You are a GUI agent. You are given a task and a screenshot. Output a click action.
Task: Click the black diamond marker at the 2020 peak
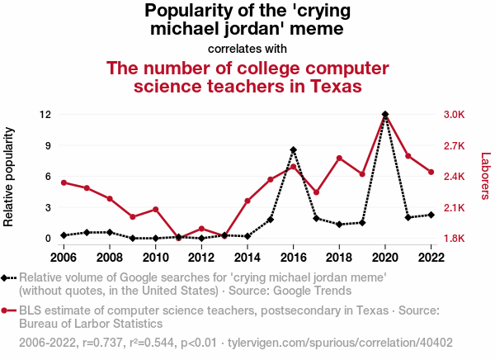pyautogui.click(x=385, y=114)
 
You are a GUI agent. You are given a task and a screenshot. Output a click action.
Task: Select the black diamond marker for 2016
pyautogui.click(x=293, y=149)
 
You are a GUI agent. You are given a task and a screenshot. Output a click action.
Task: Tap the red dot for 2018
pyautogui.click(x=339, y=158)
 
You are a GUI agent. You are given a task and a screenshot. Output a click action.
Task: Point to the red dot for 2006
pyautogui.click(x=64, y=182)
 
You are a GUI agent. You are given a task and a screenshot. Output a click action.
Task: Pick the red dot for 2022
pyautogui.click(x=431, y=172)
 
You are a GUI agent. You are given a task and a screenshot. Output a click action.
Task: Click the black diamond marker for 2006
pyautogui.click(x=64, y=235)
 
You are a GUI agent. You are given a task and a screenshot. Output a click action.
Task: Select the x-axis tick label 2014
pyautogui.click(x=247, y=257)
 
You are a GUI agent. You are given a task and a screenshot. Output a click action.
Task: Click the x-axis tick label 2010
pyautogui.click(x=155, y=257)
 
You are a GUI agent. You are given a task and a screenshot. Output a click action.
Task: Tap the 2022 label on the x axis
pyautogui.click(x=431, y=257)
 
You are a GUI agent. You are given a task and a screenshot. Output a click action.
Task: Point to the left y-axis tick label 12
pyautogui.click(x=46, y=114)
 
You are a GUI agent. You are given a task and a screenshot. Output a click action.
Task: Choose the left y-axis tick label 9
pyautogui.click(x=49, y=145)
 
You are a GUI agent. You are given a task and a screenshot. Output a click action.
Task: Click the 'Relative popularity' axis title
pyautogui.click(x=10, y=177)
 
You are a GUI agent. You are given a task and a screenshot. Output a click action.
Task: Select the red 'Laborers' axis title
pyautogui.click(x=485, y=176)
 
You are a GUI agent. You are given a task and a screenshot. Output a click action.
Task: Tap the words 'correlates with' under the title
pyautogui.click(x=247, y=48)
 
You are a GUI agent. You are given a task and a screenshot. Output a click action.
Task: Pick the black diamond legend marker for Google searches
pyautogui.click(x=7, y=278)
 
